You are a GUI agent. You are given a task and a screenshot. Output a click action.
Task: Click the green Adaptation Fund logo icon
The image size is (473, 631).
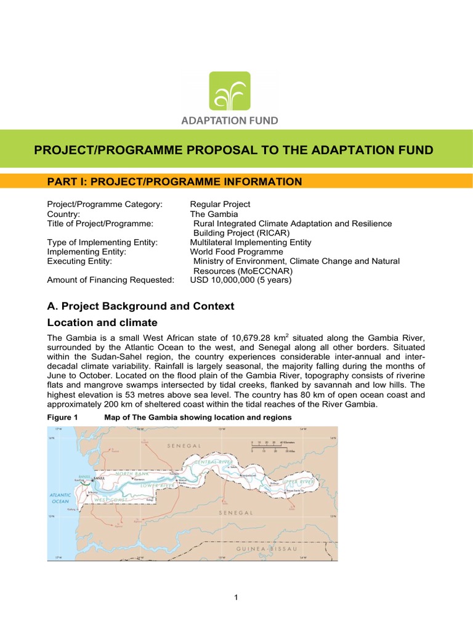pyautogui.click(x=230, y=92)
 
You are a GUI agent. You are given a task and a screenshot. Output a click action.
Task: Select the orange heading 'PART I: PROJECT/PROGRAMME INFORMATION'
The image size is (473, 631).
pyautogui.click(x=174, y=181)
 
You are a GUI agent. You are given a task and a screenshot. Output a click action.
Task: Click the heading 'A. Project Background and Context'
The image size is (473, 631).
pyautogui.click(x=140, y=306)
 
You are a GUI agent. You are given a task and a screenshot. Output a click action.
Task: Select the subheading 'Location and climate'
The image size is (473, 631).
pyautogui.click(x=102, y=323)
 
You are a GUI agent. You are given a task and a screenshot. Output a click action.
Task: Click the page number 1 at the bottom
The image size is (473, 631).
pyautogui.click(x=236, y=598)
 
